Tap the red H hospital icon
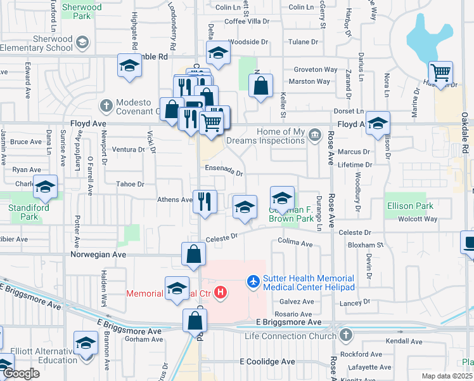(x=221, y=293)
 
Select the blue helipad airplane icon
(x=254, y=280)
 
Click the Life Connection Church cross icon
(x=345, y=334)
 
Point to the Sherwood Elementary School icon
(x=82, y=43)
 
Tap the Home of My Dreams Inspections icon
(x=314, y=135)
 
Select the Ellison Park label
(x=410, y=206)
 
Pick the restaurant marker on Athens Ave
(x=205, y=201)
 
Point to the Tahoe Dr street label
(x=130, y=184)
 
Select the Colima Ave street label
(x=295, y=243)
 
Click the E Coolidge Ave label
(x=267, y=361)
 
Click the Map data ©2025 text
(x=445, y=375)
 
